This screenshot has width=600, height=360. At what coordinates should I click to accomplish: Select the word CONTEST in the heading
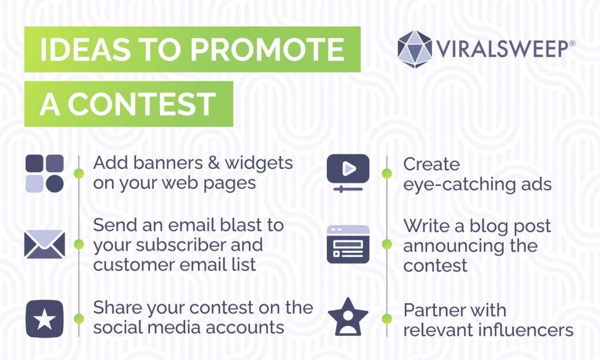point(142,104)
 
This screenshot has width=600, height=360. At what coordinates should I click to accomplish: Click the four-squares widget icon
point(45,174)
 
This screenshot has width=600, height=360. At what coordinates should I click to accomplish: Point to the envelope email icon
point(45,244)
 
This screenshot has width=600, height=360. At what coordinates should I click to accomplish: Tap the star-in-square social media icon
point(45,319)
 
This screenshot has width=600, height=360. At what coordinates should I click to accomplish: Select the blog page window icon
point(348,244)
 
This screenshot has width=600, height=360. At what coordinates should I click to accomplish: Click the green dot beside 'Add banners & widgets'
point(79,173)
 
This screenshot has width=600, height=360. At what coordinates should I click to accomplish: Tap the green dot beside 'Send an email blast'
point(79,244)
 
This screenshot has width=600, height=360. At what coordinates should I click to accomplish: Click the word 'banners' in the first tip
point(163,163)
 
